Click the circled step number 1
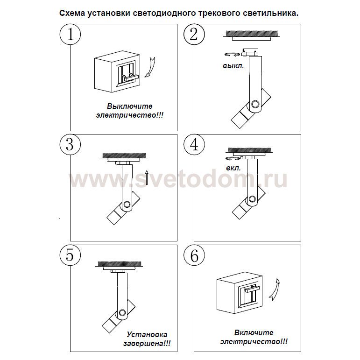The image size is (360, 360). [70, 35]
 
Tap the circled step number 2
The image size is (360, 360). [194, 35]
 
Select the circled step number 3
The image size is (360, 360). [70, 145]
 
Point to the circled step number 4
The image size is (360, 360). [194, 145]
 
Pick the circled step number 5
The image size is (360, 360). [70, 255]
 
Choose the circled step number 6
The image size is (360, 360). [194, 255]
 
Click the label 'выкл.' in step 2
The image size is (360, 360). [233, 66]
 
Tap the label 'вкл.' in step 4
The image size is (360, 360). [233, 168]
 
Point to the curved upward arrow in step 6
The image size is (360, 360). [275, 290]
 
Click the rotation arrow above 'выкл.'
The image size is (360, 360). [232, 55]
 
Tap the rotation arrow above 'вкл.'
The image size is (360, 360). [233, 158]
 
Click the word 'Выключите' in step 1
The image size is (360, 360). [130, 106]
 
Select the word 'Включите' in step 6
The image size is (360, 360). [254, 332]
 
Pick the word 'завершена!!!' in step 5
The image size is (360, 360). [147, 344]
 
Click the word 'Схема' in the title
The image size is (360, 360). [72, 13]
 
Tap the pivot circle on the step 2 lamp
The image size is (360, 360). [255, 104]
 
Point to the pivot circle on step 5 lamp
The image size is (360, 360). [122, 313]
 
